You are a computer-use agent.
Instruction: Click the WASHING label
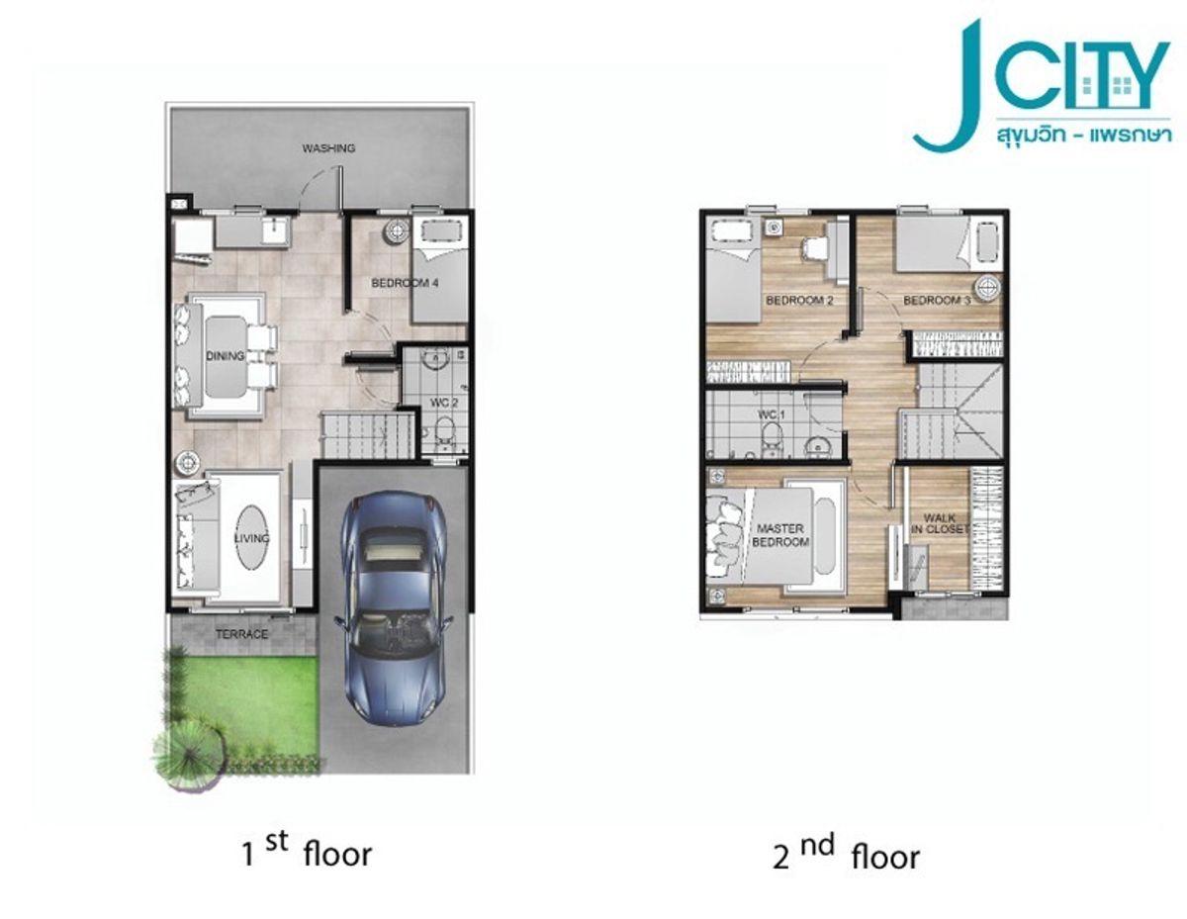328,148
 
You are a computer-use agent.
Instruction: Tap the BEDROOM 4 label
405,283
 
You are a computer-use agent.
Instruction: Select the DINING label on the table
226,356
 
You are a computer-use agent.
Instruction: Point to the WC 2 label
443,403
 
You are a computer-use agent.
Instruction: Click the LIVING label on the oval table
251,538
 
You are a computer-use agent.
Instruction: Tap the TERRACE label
241,634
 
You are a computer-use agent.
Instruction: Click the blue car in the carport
394,607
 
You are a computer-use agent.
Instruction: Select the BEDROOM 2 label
799,300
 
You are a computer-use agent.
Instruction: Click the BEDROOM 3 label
937,300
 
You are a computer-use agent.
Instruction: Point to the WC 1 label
772,415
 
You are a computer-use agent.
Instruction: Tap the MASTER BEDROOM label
780,535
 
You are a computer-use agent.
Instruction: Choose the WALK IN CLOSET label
941,523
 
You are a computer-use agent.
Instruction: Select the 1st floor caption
307,852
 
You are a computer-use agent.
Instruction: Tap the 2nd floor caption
846,854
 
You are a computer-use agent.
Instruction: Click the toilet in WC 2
446,431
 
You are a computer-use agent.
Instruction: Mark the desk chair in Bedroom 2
815,250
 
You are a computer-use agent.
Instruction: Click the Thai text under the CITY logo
1083,135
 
